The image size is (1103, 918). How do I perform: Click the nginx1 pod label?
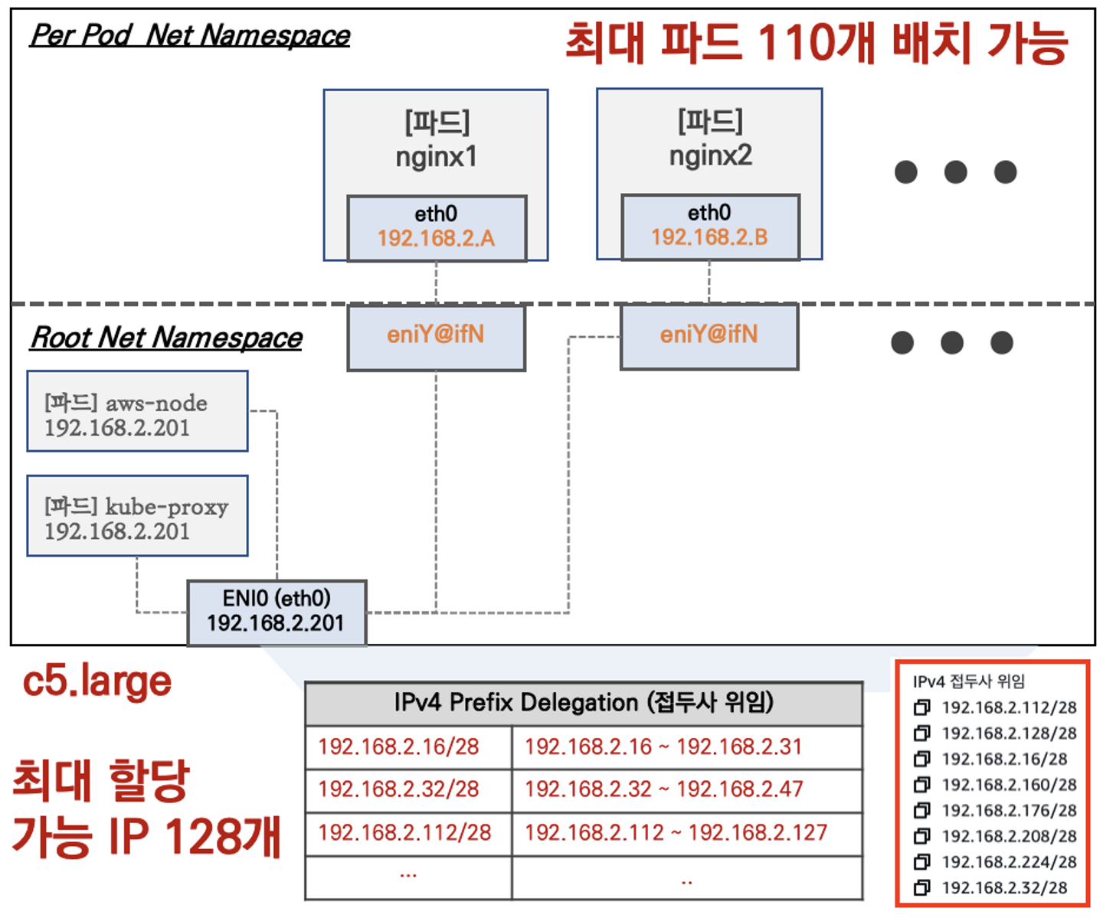point(436,157)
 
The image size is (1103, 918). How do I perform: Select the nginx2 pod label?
point(710,155)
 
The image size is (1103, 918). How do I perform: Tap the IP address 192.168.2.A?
point(436,238)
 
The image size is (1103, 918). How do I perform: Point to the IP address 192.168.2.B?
point(709,237)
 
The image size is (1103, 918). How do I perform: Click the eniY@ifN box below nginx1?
point(436,336)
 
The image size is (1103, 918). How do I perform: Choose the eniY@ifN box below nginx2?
point(709,335)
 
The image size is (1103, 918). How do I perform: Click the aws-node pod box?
point(138,412)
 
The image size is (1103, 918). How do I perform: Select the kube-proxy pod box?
point(138,516)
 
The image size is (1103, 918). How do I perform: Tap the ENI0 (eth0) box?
point(277,612)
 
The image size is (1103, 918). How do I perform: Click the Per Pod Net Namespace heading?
point(190,35)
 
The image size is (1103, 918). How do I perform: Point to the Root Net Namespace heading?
point(166,337)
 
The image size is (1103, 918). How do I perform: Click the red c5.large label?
point(97,681)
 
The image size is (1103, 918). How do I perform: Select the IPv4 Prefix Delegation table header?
point(584,702)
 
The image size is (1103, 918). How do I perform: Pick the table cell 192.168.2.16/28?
point(399,746)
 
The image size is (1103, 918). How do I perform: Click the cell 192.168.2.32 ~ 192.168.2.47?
point(663,789)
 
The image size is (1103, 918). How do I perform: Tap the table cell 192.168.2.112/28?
point(404,832)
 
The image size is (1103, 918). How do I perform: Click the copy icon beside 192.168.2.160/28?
point(922,785)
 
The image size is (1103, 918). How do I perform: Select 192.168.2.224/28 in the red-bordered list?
point(1009,862)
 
